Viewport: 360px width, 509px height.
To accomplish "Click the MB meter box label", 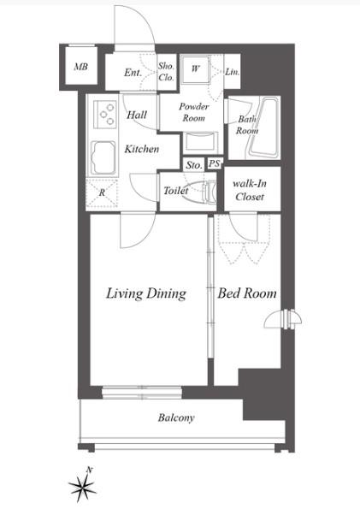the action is [x=81, y=67].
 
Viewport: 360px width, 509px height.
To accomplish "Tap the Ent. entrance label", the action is [x=133, y=73].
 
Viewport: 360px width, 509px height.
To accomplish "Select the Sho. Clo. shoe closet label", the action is [x=166, y=72].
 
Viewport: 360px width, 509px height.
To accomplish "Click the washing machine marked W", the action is [x=195, y=68].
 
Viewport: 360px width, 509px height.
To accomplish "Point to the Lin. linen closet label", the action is [x=232, y=72].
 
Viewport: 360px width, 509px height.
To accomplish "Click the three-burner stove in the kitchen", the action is [x=105, y=115].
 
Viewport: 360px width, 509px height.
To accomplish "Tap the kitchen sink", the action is [x=103, y=158].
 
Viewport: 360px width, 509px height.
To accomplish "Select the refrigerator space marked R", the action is [x=102, y=192].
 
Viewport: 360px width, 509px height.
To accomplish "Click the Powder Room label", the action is [x=194, y=112].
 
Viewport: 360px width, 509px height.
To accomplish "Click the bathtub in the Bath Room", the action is [x=263, y=127].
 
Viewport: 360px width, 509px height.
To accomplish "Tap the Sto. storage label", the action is [x=194, y=165].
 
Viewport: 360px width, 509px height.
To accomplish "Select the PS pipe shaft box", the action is [x=215, y=163].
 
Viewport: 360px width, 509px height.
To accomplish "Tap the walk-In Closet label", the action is [x=250, y=190].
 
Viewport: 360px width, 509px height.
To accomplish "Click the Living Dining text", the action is [x=146, y=293].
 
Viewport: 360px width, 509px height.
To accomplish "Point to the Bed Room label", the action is [x=247, y=293].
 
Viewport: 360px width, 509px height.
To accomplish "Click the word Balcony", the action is [x=176, y=417].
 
